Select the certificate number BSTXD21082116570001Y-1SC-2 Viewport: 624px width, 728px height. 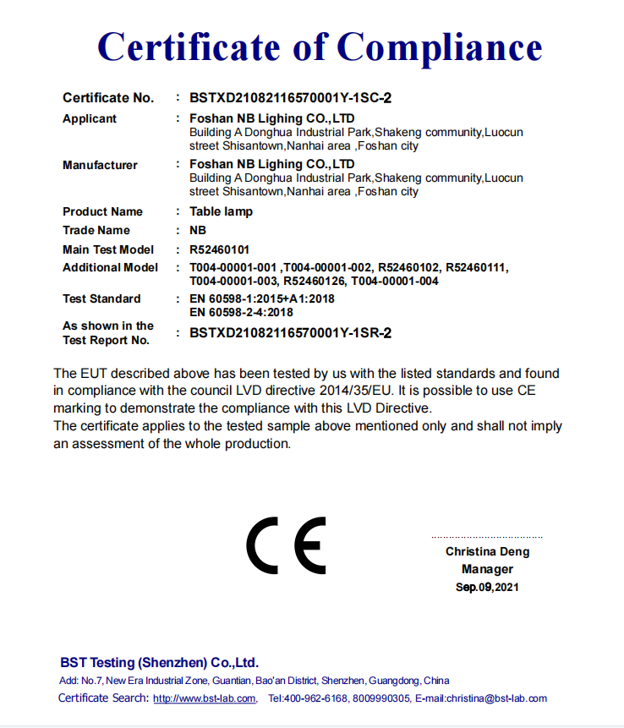point(290,98)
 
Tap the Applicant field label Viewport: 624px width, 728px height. point(90,118)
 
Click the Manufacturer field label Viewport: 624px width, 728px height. point(100,165)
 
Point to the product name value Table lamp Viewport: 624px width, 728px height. point(221,211)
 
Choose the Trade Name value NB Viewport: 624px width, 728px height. point(198,230)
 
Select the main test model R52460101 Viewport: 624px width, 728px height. point(219,249)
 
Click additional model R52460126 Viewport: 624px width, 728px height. point(314,281)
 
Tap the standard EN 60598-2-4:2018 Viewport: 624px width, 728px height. point(241,312)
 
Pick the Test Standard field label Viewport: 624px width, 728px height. point(101,298)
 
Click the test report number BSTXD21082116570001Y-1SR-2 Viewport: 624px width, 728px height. point(290,333)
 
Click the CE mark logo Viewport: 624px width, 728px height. point(286,543)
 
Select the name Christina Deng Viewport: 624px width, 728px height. point(488,551)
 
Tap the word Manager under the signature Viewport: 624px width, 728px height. point(488,569)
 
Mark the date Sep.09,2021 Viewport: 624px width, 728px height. point(488,587)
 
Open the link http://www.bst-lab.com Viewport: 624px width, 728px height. point(205,698)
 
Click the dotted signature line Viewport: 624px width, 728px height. point(487,537)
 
